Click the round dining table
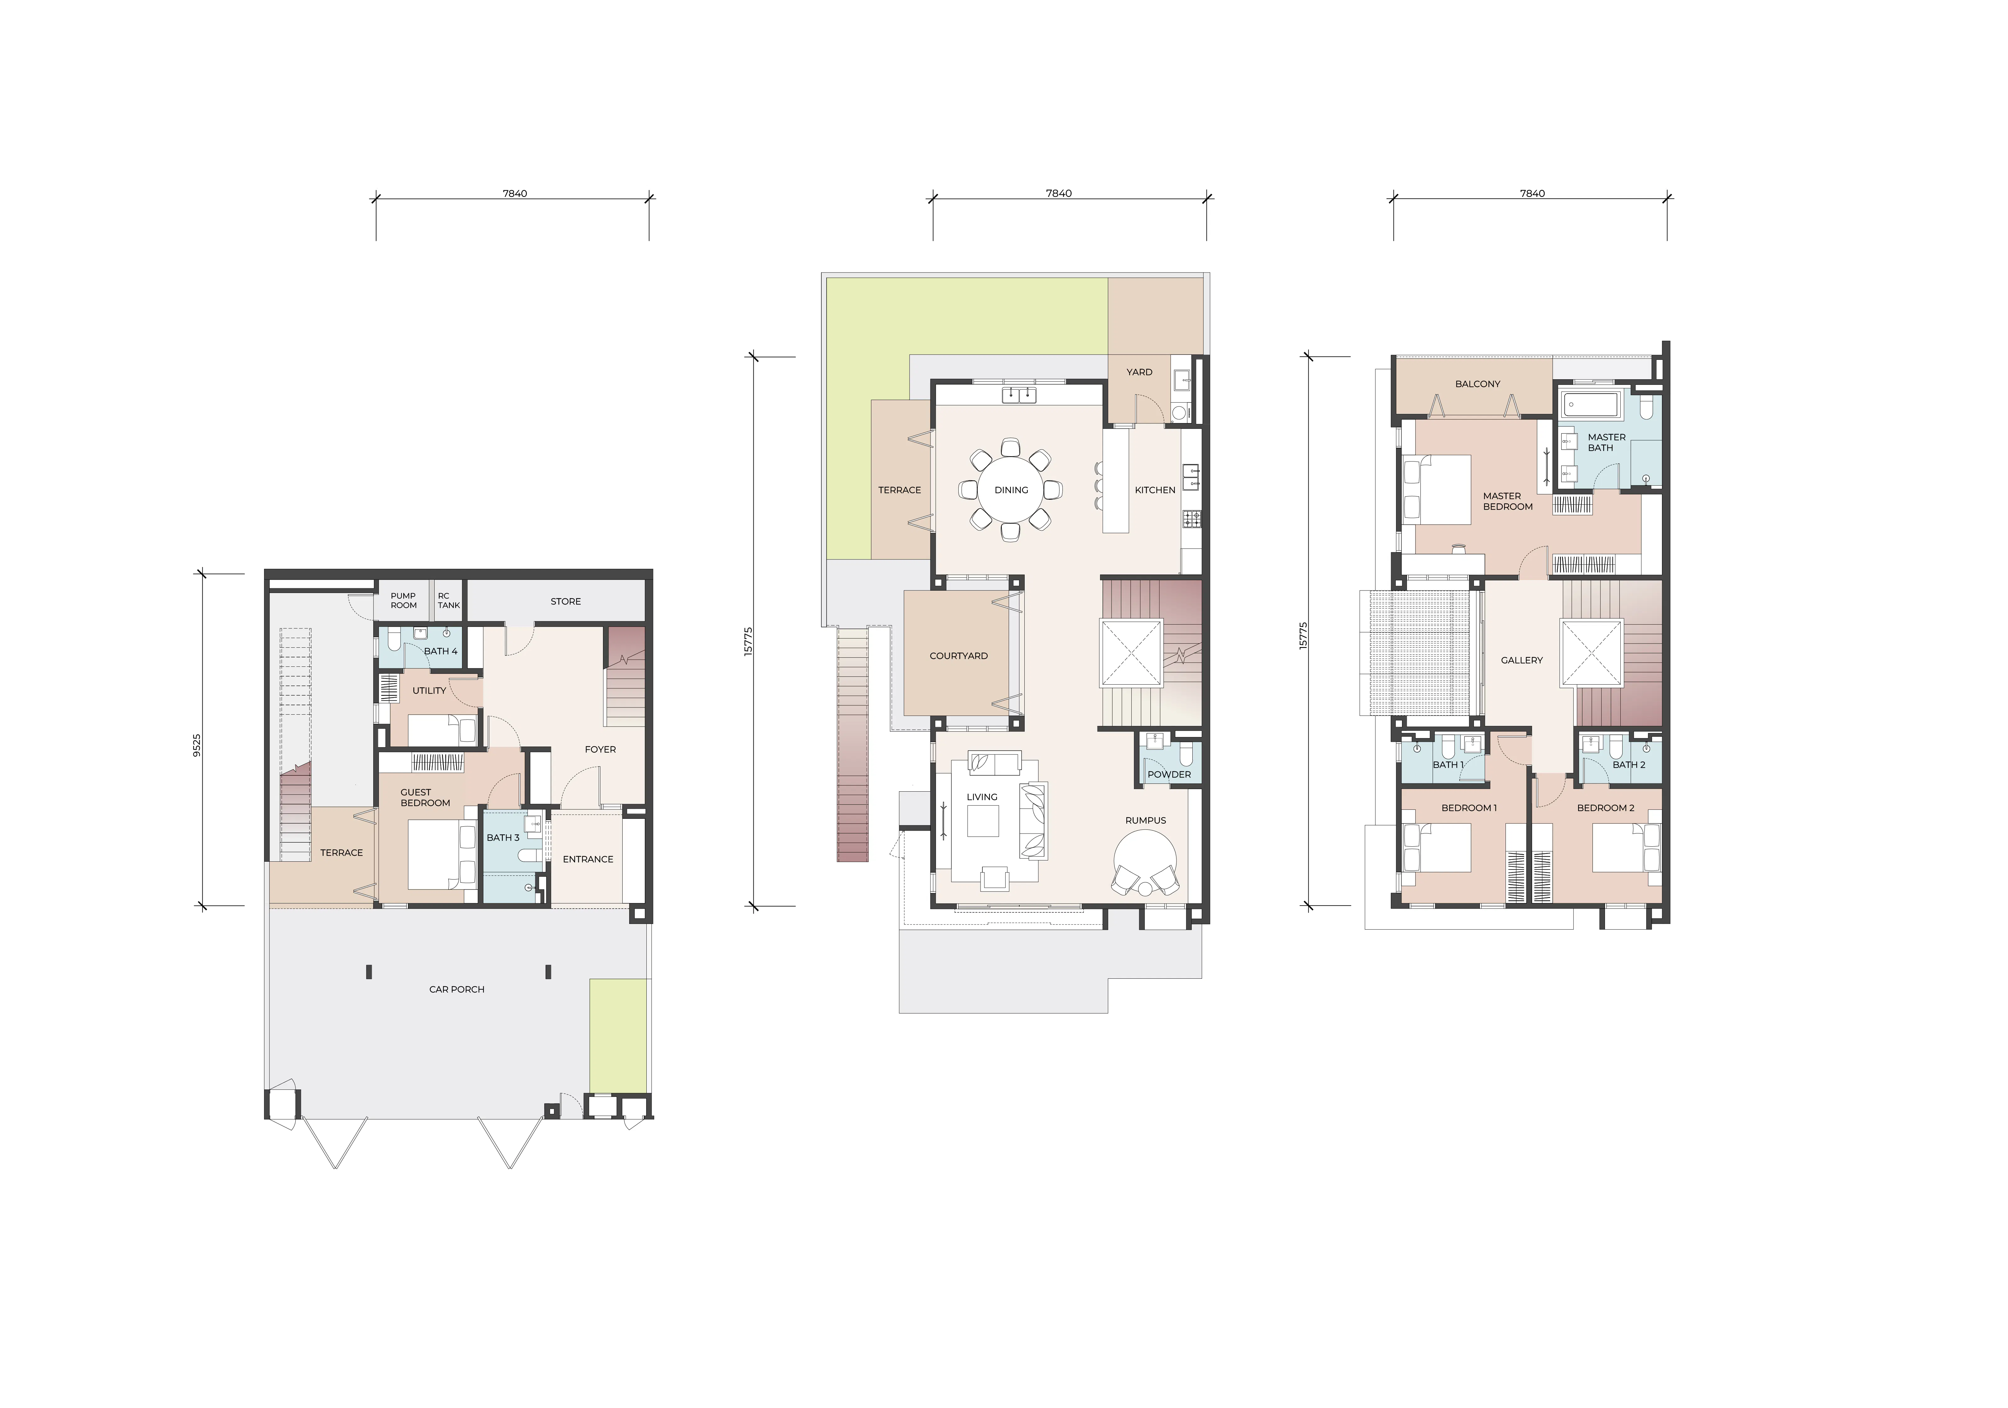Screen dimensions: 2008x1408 click(1011, 490)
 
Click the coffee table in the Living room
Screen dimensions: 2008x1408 click(983, 820)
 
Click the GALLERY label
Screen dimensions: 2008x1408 click(1522, 660)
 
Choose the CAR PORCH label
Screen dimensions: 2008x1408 click(456, 989)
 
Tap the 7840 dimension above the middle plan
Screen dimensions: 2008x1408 click(1058, 193)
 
